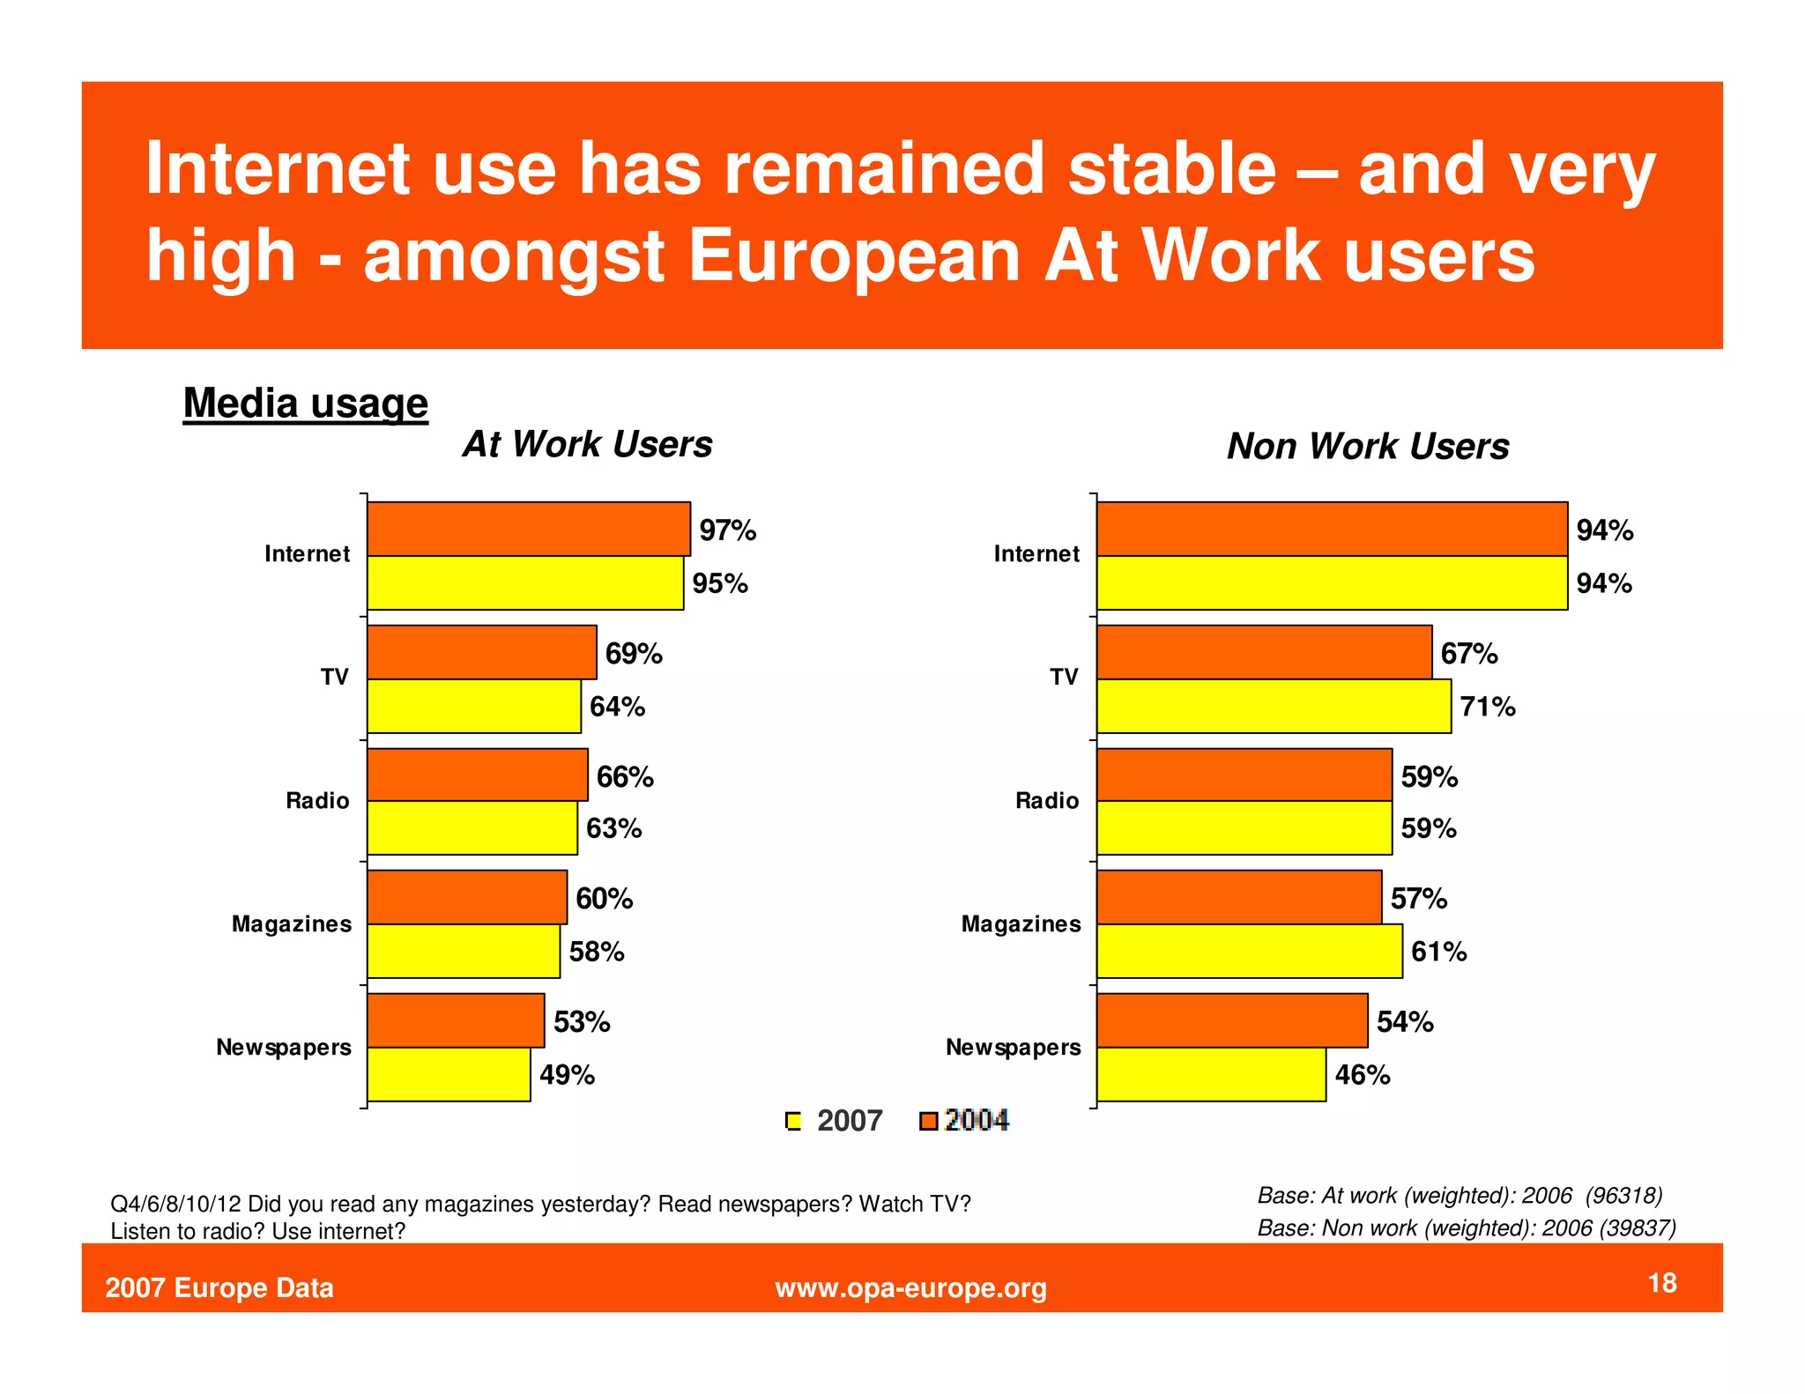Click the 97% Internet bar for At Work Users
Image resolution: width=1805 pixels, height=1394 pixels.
pyautogui.click(x=528, y=529)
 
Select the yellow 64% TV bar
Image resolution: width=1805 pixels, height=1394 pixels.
pyautogui.click(x=473, y=706)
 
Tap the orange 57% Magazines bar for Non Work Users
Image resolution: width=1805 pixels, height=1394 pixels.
pyautogui.click(x=1238, y=897)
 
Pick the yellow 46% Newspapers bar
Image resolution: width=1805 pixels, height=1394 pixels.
pyautogui.click(x=1210, y=1074)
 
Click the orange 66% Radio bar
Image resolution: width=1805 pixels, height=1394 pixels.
pyautogui.click(x=477, y=775)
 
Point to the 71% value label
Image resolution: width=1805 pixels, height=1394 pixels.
pyautogui.click(x=1488, y=707)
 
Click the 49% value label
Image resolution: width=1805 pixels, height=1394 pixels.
pyautogui.click(x=567, y=1075)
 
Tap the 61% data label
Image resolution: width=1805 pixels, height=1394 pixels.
pyautogui.click(x=1438, y=952)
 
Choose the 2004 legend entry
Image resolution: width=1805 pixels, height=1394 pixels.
pyautogui.click(x=965, y=1120)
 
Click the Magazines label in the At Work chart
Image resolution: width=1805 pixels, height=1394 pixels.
pyautogui.click(x=291, y=923)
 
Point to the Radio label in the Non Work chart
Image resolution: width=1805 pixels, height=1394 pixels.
pyautogui.click(x=1046, y=800)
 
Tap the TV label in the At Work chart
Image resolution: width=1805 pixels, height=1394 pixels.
pyautogui.click(x=334, y=677)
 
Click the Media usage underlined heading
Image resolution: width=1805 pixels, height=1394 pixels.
pyautogui.click(x=305, y=404)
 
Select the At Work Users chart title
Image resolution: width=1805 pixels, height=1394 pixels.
pyautogui.click(x=587, y=444)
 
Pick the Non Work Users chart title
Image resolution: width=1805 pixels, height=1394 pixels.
pyautogui.click(x=1367, y=446)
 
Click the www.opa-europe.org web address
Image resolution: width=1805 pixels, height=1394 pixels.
pyautogui.click(x=910, y=1287)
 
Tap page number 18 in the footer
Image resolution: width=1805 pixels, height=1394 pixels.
pyautogui.click(x=1661, y=1282)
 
